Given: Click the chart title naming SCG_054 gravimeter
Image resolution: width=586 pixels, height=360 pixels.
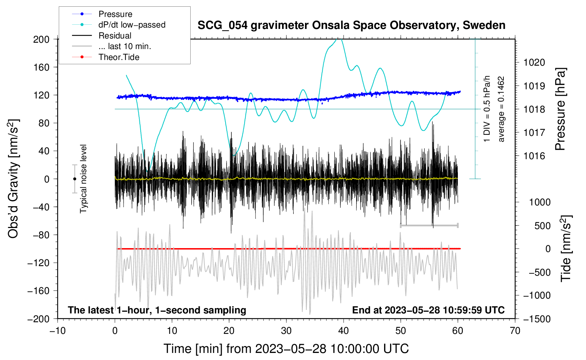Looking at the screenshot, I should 351,25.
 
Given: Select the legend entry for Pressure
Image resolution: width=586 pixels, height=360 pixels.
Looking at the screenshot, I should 115,14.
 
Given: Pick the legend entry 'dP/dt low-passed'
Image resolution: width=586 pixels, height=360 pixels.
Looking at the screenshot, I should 132,25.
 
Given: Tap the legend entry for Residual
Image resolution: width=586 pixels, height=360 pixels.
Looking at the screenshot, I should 115,36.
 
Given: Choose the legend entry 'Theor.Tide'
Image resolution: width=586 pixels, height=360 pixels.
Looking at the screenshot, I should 119,57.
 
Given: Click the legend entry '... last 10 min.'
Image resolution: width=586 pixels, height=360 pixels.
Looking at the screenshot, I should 125,46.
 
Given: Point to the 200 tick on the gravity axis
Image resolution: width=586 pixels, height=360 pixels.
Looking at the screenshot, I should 41,39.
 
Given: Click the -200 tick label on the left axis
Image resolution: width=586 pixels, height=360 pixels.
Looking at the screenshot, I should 39,319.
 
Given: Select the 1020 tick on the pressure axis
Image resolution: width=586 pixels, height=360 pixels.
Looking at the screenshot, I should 534,62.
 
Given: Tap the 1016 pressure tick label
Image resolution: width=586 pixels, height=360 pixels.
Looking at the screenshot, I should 534,156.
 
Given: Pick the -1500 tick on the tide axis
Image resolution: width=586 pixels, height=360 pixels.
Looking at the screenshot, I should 537,319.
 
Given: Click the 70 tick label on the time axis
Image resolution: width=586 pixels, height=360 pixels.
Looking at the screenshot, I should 515,331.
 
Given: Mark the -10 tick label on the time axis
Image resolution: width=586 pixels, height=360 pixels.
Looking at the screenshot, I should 58,331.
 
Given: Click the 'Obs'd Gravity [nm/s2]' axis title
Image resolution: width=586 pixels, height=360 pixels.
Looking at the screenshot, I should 13,179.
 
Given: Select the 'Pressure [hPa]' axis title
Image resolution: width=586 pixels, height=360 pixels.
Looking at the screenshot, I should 560,109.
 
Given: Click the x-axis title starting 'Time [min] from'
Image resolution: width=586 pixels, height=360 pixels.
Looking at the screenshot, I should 286,349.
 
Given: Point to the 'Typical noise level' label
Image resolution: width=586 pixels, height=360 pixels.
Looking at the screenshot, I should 83,179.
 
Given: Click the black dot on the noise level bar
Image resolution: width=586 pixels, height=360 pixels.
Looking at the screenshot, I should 74,179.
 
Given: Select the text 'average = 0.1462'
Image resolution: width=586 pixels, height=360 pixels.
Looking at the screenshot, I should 501,109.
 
